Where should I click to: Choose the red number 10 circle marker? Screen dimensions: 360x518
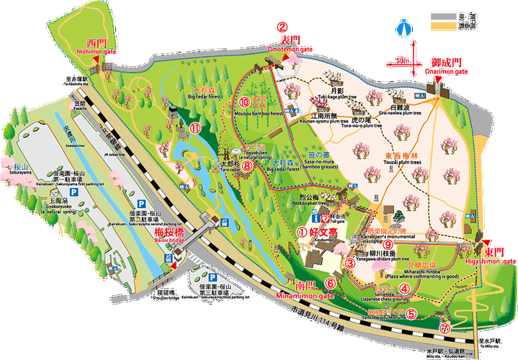(x=244, y=102)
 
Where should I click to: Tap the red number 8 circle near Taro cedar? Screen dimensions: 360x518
(x=246, y=166)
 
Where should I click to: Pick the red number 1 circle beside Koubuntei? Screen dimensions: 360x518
(x=302, y=232)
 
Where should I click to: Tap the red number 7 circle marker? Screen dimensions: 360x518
(x=445, y=327)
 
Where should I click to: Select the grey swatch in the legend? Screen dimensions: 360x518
(x=442, y=15)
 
